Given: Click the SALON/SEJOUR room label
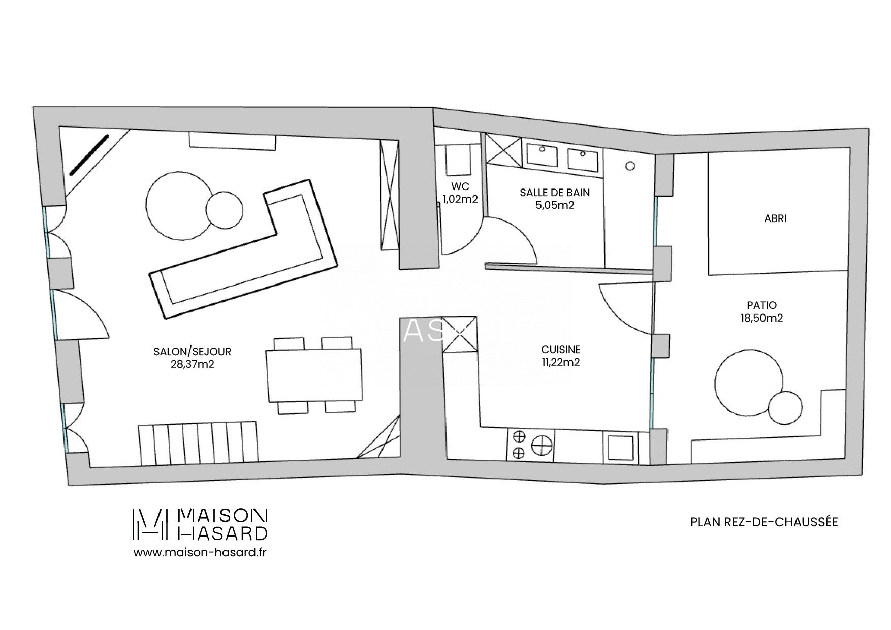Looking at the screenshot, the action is tap(193, 351).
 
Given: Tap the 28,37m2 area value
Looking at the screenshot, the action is tap(193, 364).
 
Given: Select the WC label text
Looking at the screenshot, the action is tap(460, 186).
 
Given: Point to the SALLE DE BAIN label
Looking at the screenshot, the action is tap(555, 193).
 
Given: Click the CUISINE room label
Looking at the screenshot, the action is tap(561, 350).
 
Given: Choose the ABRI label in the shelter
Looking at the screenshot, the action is tap(775, 219).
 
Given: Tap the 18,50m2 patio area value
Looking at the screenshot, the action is tap(761, 318).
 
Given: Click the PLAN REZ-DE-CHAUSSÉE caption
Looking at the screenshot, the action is tap(764, 522).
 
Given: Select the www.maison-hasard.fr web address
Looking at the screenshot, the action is tap(200, 552).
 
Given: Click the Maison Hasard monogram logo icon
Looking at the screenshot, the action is tap(150, 524).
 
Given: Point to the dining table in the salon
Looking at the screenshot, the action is tap(314, 375).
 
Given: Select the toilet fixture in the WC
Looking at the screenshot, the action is tap(457, 160).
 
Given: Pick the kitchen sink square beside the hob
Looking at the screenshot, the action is tap(620, 448).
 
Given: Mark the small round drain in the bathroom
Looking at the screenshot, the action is tap(630, 166).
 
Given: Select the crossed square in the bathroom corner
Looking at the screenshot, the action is tap(504, 150).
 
